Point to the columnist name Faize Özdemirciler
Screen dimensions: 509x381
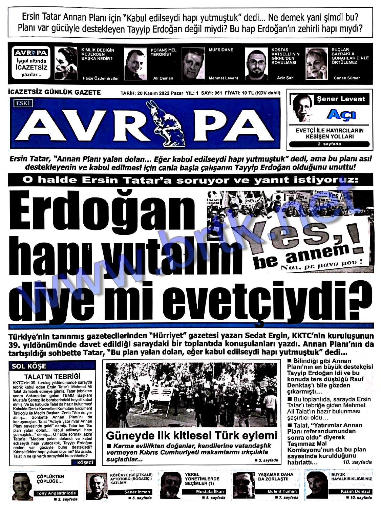point(101,78)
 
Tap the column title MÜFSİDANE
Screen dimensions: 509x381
point(221,50)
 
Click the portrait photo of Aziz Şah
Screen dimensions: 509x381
point(256,64)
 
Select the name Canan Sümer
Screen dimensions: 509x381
point(346,78)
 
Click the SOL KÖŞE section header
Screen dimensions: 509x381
point(29,366)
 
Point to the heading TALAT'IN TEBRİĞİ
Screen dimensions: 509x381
point(52,376)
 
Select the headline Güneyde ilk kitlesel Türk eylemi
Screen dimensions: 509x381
point(191,435)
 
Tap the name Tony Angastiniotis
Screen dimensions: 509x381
point(56,493)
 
